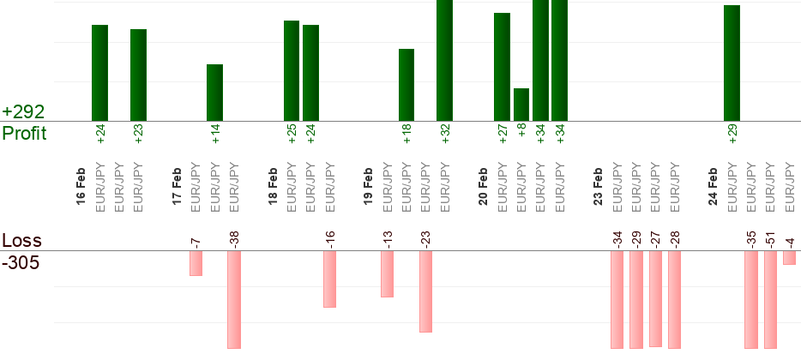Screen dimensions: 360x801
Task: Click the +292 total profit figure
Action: tap(23, 112)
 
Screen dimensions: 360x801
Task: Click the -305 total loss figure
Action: tap(21, 261)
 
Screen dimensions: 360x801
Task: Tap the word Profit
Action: tap(24, 133)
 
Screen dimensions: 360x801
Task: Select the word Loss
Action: tap(21, 240)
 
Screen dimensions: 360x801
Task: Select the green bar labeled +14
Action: tap(214, 93)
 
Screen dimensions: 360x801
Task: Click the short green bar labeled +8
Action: tap(521, 105)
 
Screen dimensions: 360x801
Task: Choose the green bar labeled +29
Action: tap(732, 63)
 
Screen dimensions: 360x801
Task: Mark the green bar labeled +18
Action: tap(407, 85)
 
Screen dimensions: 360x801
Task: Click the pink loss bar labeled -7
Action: tap(196, 263)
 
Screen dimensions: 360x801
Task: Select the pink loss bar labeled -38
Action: tap(234, 299)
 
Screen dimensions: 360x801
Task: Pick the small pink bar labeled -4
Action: tap(789, 257)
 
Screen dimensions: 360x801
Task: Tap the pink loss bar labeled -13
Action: tap(387, 273)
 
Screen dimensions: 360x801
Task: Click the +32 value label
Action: tap(445, 135)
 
